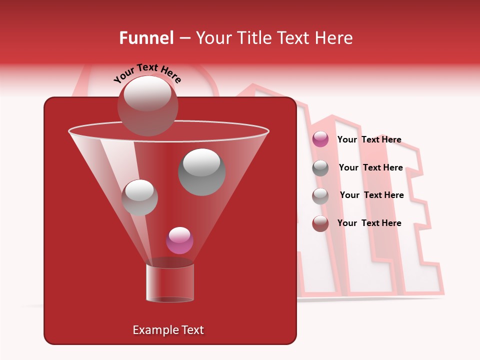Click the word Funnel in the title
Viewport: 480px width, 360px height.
[x=146, y=38]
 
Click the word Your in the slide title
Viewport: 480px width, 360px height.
[x=213, y=38]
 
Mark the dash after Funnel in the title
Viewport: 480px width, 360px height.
[x=184, y=38]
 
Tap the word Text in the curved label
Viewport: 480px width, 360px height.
[x=147, y=68]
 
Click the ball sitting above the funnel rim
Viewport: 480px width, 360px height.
[x=147, y=106]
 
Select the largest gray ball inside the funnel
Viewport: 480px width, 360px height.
[x=201, y=172]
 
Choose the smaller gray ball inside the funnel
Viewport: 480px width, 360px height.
[x=139, y=197]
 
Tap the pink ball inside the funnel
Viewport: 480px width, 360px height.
[x=179, y=240]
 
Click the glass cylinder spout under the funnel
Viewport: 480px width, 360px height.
[x=169, y=282]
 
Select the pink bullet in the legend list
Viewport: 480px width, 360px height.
[x=320, y=139]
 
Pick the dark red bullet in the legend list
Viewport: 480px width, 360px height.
[x=320, y=223]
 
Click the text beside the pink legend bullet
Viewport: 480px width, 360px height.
[x=369, y=140]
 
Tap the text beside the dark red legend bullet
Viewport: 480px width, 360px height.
[x=369, y=223]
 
